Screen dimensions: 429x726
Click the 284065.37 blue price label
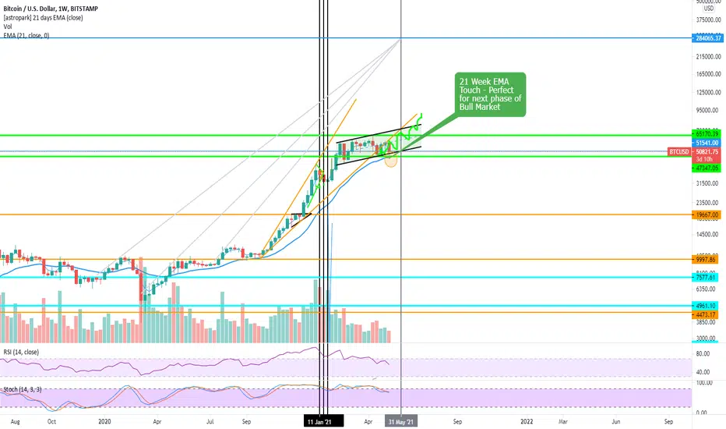tap(709, 37)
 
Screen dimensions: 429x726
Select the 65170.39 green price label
tap(709, 135)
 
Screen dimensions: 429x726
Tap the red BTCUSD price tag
tap(679, 151)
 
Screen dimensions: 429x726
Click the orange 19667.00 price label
tap(709, 214)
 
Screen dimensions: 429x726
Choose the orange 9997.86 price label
tap(709, 259)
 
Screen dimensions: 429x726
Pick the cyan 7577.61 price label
tap(709, 277)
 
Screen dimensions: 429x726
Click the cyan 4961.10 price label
tap(709, 306)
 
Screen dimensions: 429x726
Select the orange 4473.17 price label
tap(709, 314)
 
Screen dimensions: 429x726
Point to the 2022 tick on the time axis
tap(527, 421)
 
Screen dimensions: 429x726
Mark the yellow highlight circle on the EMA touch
tap(392, 161)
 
